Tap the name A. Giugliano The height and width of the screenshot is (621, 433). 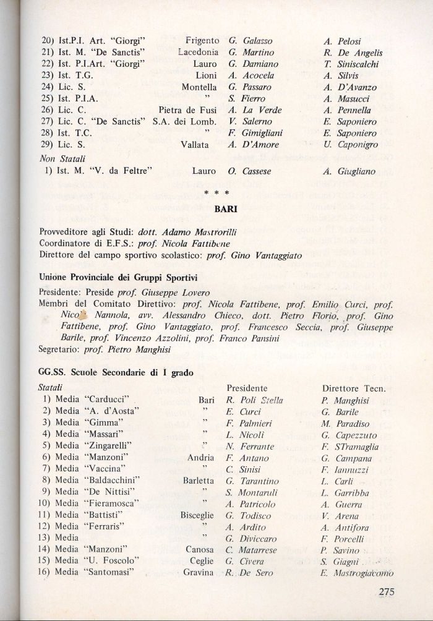(349, 171)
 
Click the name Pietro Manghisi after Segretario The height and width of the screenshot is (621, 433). (126, 349)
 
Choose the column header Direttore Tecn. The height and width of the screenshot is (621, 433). (354, 388)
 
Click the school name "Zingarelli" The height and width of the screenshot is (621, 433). (111, 445)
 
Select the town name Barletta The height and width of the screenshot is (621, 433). (198, 480)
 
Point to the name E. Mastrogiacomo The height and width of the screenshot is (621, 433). (357, 573)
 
